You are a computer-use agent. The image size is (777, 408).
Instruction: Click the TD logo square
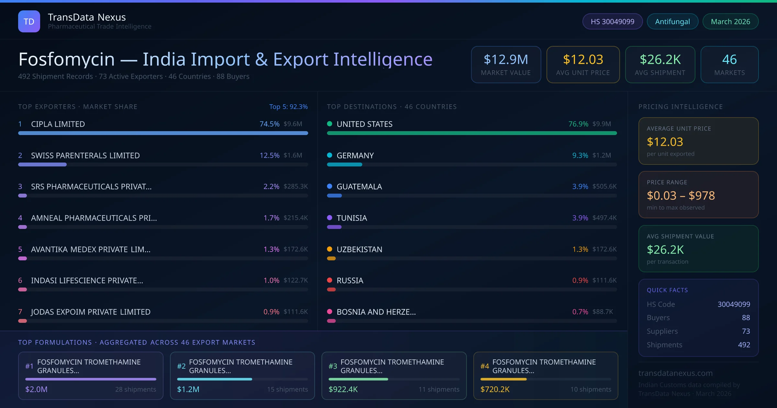(x=29, y=21)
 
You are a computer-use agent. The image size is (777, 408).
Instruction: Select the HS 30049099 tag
(x=612, y=21)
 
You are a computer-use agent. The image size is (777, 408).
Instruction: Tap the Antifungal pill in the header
(x=672, y=21)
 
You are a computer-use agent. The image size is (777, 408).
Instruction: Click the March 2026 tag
(x=730, y=21)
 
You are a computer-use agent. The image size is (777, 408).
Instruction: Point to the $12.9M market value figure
(x=506, y=60)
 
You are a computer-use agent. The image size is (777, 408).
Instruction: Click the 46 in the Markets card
(x=729, y=60)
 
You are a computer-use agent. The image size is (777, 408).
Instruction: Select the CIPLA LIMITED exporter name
(x=58, y=124)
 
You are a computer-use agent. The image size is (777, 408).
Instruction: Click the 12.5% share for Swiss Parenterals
(x=269, y=155)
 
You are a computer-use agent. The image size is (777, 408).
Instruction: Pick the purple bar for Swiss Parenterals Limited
(x=42, y=164)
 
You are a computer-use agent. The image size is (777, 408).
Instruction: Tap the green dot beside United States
(x=330, y=124)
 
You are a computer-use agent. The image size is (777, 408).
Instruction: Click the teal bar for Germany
(x=344, y=164)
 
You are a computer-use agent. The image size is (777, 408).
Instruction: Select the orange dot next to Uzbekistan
(x=330, y=249)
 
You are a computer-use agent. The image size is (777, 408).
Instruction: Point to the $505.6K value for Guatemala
(x=604, y=187)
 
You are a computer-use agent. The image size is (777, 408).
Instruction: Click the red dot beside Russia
(x=330, y=280)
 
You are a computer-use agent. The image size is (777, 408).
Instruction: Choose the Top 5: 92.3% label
(x=288, y=107)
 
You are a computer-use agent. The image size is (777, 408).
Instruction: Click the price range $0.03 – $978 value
(x=681, y=196)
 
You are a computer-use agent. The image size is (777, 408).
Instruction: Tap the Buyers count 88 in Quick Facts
(x=746, y=318)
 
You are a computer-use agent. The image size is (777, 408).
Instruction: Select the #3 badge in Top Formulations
(x=333, y=366)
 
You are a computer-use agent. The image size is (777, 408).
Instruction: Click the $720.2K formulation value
(x=495, y=389)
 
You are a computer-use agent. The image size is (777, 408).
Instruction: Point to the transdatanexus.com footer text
(x=675, y=373)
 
